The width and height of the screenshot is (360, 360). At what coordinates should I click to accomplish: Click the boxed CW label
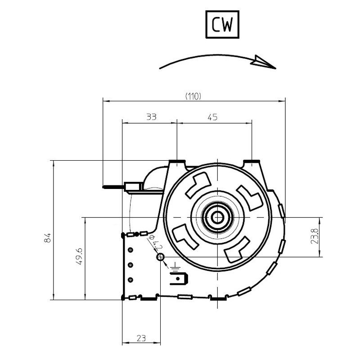(222, 25)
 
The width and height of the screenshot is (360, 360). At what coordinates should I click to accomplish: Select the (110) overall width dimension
(193, 96)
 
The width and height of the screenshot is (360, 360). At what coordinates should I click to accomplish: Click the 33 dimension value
(151, 117)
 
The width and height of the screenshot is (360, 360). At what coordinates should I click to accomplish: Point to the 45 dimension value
(212, 117)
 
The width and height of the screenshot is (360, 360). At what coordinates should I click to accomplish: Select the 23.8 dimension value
(315, 237)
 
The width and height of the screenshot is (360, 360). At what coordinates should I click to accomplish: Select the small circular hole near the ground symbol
(160, 257)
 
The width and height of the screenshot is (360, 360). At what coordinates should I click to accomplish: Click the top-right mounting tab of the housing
(252, 161)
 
